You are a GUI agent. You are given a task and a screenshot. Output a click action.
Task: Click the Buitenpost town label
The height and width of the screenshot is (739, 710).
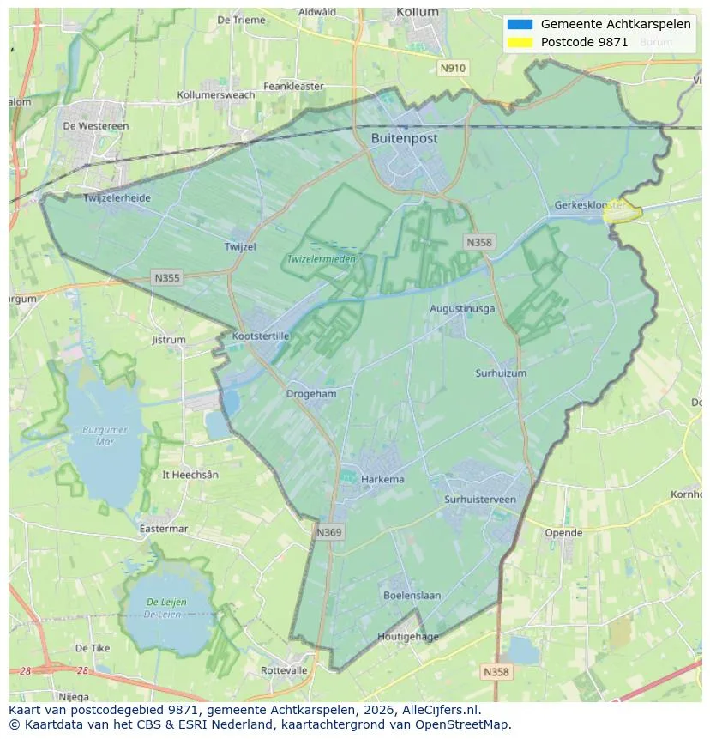[405, 138]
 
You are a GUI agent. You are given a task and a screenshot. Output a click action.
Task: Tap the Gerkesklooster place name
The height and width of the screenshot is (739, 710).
[589, 206]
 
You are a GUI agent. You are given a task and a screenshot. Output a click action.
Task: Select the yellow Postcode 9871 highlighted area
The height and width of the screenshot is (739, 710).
[623, 213]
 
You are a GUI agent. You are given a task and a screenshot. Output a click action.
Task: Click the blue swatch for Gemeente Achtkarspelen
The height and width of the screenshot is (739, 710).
[520, 25]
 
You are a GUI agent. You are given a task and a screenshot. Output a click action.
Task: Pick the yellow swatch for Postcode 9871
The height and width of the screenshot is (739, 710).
[520, 42]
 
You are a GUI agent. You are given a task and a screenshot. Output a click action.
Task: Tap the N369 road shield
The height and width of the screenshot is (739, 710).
[328, 532]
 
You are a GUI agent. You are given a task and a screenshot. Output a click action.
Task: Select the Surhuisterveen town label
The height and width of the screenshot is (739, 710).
[480, 500]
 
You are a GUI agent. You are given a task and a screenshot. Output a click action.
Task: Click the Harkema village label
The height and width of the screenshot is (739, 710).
[382, 479]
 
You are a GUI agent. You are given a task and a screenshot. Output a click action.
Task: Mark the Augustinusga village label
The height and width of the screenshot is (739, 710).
[462, 308]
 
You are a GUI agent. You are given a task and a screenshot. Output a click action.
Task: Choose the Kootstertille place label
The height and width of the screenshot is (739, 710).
[261, 336]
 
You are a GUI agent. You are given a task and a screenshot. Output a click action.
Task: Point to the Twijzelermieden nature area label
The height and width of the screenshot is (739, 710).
[321, 258]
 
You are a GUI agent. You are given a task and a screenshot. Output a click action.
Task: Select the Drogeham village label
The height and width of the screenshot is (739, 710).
[311, 393]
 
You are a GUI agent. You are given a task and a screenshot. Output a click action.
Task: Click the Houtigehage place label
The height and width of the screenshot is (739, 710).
[408, 637]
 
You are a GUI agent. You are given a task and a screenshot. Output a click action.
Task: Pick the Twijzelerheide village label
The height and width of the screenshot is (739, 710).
[117, 198]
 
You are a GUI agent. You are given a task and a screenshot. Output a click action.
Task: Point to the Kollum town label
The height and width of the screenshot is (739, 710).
[418, 12]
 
